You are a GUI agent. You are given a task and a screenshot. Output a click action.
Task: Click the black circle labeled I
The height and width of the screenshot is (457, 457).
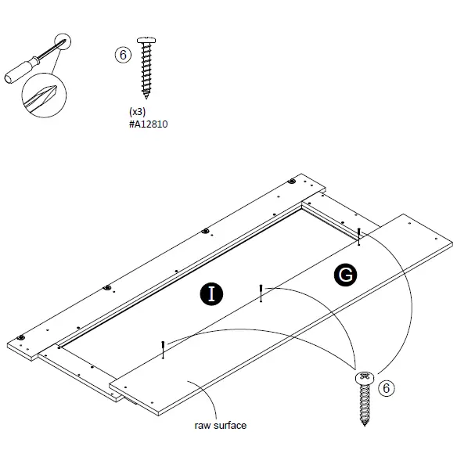pyautogui.click(x=210, y=293)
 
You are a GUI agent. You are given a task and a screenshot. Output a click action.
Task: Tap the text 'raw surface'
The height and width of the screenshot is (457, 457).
pyautogui.click(x=220, y=426)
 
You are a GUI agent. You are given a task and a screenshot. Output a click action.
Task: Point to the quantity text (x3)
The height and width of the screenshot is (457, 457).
pyautogui.click(x=137, y=113)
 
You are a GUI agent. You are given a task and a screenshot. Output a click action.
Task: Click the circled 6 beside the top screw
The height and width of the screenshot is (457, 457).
pyautogui.click(x=122, y=55)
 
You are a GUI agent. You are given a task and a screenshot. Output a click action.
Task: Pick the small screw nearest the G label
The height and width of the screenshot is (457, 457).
pyautogui.click(x=358, y=234)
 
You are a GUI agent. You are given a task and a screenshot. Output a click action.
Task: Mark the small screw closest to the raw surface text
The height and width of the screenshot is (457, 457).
pyautogui.click(x=163, y=349)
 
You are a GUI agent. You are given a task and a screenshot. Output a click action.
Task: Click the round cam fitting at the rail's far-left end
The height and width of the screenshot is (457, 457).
pyautogui.click(x=21, y=339)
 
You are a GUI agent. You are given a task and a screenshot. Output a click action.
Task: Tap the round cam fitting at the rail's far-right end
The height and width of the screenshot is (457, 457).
pyautogui.click(x=292, y=182)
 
